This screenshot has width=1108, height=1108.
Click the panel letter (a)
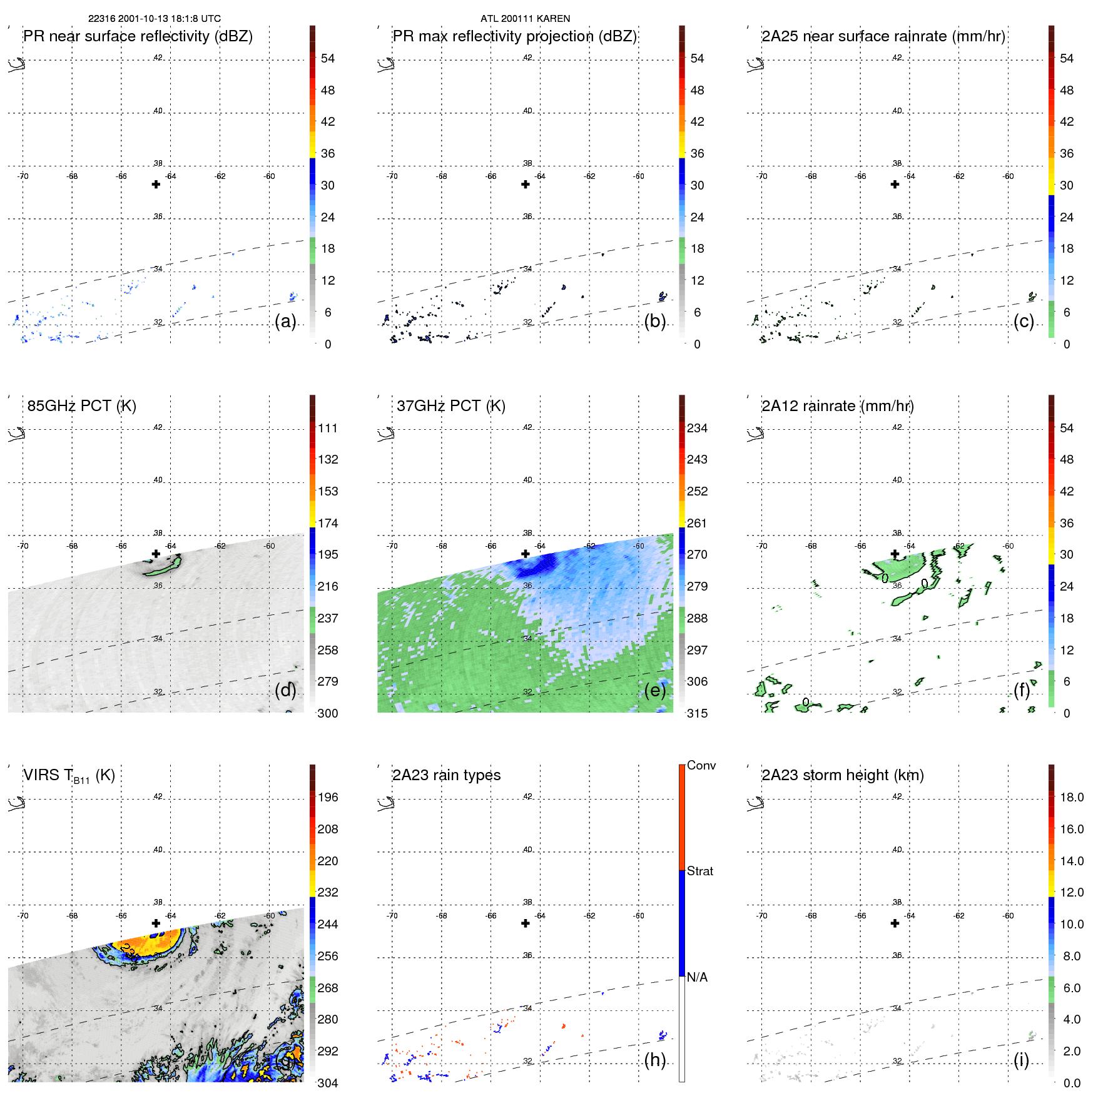[x=285, y=321]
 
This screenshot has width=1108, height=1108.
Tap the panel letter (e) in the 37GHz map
[x=654, y=690]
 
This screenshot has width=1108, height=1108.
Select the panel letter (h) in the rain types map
[x=654, y=1060]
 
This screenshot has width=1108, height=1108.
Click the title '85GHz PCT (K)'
[x=81, y=406]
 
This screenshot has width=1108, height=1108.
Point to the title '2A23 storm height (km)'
[x=842, y=775]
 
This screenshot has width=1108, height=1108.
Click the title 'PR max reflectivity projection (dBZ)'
[x=514, y=36]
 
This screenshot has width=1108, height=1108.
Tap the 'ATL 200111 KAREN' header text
[x=525, y=19]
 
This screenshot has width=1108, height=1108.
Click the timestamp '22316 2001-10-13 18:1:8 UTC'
[x=154, y=19]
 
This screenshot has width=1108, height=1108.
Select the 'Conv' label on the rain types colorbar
[x=701, y=766]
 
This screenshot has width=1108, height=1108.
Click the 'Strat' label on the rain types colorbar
[x=699, y=872]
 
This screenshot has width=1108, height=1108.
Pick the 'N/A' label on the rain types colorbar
[x=697, y=977]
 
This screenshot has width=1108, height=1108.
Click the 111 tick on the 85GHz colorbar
[x=327, y=428]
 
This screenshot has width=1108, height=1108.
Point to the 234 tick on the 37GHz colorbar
[x=697, y=428]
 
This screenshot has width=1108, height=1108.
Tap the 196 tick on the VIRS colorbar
[x=327, y=798]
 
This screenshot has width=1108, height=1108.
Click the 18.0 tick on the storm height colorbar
[x=1071, y=798]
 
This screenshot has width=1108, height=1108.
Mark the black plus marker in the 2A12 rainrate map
[x=895, y=554]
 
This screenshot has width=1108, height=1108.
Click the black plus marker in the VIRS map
[x=156, y=923]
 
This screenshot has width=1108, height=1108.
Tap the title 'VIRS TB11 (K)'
[x=69, y=776]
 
